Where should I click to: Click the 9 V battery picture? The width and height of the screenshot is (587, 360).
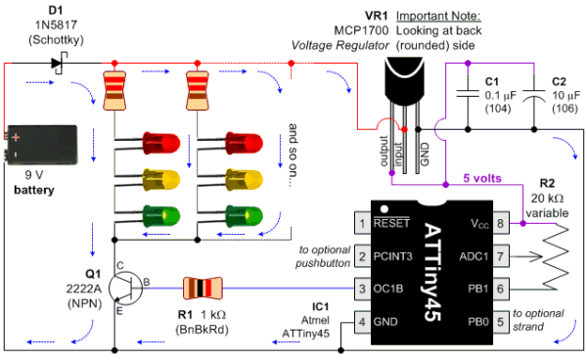coord(41,145)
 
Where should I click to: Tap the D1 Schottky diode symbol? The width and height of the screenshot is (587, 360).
coord(59,64)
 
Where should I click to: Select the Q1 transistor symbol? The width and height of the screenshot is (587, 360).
coord(126,289)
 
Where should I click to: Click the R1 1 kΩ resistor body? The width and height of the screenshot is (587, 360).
coord(203,289)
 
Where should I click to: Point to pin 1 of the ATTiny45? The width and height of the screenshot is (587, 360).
coord(362,223)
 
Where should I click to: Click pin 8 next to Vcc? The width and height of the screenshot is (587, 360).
coord(501,223)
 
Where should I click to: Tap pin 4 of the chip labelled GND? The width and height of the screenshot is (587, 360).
coord(362,322)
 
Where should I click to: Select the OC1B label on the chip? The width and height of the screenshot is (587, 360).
coord(388,289)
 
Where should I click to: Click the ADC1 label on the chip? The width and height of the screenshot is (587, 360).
coord(474,256)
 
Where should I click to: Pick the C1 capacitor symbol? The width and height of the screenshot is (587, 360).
coord(468,94)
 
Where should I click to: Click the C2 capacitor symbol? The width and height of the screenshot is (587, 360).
coord(534,95)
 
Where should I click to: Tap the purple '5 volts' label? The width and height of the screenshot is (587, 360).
coord(482,178)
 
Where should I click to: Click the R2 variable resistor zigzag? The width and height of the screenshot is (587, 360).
coord(556,256)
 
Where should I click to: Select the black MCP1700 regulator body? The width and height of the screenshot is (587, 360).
coord(404,80)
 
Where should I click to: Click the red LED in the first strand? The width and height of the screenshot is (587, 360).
coord(161,143)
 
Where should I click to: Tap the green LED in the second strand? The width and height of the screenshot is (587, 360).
coord(244,216)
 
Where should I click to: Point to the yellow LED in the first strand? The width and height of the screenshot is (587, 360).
coord(161,180)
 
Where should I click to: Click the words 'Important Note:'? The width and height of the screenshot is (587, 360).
coord(438,16)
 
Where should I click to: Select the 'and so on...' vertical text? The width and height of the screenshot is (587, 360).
coord(293,155)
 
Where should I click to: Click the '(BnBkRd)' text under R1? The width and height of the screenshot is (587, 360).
coord(203,330)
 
